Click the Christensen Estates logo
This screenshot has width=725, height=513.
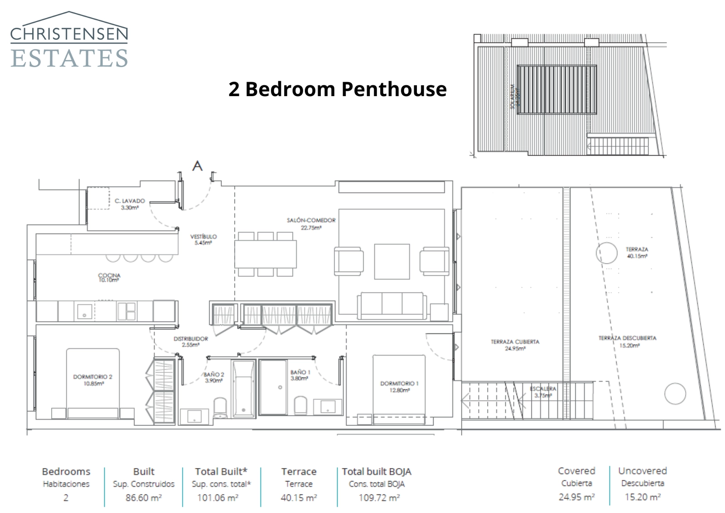(69, 41)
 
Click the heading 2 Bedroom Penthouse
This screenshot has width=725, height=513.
(338, 89)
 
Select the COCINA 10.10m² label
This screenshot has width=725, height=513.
(109, 278)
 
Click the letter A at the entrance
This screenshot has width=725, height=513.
(197, 166)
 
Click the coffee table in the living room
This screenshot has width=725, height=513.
(392, 262)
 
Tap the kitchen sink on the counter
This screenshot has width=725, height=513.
(84, 312)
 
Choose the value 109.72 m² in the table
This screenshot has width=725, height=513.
(379, 498)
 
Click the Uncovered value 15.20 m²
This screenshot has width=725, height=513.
(642, 497)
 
